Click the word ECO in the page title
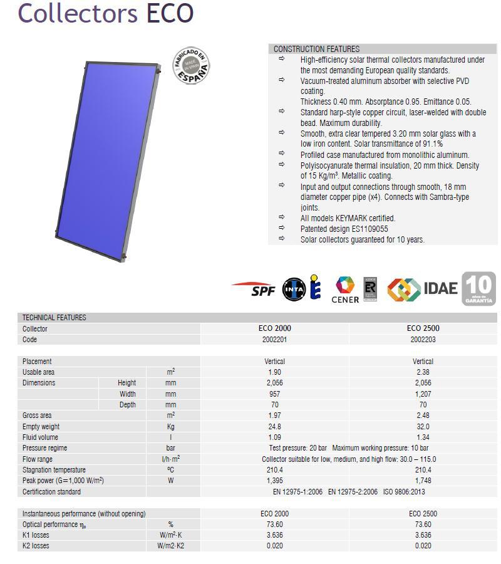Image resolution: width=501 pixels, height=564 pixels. point(170,13)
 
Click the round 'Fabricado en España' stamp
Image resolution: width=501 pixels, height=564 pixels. point(191,67)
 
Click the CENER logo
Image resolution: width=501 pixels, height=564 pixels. point(345,290)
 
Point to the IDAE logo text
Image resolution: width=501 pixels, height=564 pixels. point(441,288)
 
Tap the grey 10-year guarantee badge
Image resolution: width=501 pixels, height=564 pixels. point(478,289)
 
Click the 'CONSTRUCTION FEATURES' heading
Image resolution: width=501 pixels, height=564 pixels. point(316,49)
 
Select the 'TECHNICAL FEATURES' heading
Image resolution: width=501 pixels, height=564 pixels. point(54,318)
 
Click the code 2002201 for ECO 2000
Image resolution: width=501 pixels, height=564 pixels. point(274,340)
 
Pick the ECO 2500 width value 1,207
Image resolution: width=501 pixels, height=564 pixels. point(423,394)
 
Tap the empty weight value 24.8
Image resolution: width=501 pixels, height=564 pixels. point(274,427)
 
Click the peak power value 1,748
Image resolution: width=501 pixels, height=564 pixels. point(423,481)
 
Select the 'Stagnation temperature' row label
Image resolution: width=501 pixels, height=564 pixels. point(54,470)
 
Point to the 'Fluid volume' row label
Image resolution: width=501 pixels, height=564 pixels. point(40,437)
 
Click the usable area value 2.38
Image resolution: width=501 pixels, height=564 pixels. point(423,372)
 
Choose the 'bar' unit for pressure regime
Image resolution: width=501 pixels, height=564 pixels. point(170,448)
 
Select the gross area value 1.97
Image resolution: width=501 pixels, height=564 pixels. point(274,415)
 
